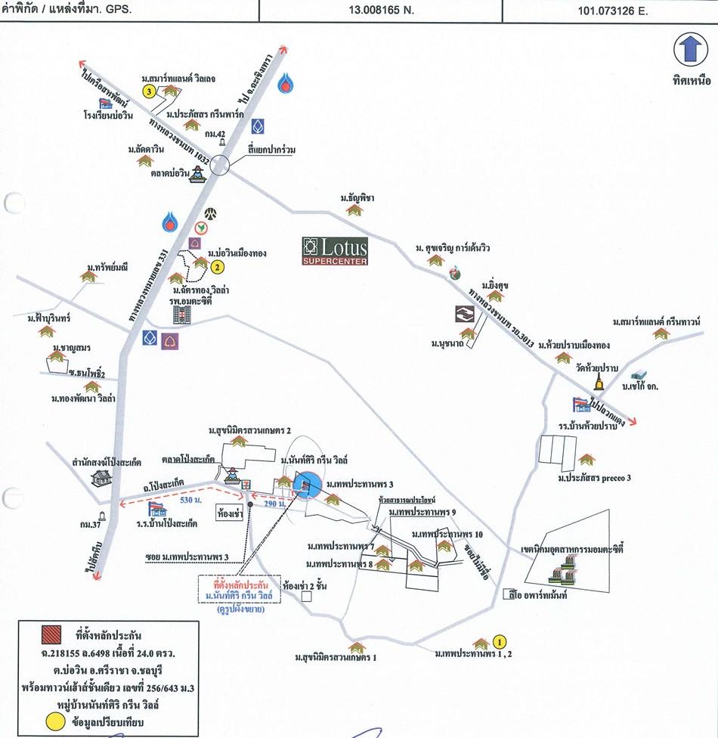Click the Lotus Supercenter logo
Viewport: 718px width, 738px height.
(335, 251)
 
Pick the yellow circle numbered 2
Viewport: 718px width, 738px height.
(217, 266)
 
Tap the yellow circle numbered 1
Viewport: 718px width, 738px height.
(498, 643)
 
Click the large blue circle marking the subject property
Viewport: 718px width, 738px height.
(308, 486)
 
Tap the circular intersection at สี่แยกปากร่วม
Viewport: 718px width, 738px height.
(220, 165)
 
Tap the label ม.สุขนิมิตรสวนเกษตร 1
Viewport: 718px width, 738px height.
(336, 657)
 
